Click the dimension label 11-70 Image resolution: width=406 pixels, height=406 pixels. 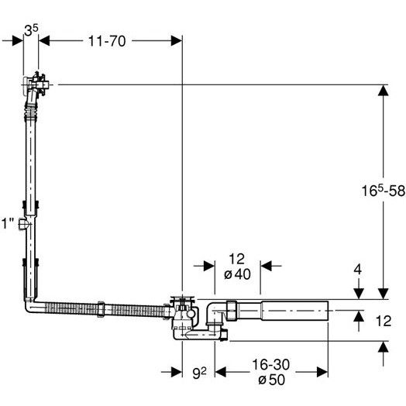[x=107, y=41]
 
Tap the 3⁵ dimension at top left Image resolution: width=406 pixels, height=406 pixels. [x=31, y=30]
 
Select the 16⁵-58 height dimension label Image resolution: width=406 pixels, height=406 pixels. [x=384, y=191]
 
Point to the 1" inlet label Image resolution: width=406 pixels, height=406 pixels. [x=8, y=223]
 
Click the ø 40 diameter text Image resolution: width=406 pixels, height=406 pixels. [x=237, y=274]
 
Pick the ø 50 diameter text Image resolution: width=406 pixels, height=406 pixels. [x=271, y=380]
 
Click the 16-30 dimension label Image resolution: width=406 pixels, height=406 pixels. [x=271, y=365]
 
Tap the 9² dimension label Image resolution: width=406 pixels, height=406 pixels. [x=199, y=373]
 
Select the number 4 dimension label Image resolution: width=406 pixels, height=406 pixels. [x=358, y=270]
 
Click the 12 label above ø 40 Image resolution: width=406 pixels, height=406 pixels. [x=236, y=259]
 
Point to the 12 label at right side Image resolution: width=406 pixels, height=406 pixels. [x=384, y=321]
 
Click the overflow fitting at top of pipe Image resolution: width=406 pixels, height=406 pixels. [x=36, y=84]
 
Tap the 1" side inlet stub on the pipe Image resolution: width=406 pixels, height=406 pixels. [x=22, y=224]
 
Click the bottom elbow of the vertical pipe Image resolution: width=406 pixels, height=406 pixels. [x=29, y=305]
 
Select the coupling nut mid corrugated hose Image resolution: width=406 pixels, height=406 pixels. [x=101, y=309]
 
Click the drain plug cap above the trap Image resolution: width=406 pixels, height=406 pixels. [x=182, y=298]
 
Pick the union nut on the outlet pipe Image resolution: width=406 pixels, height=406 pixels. [x=232, y=311]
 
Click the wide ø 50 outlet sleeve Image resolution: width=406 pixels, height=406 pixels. [x=294, y=311]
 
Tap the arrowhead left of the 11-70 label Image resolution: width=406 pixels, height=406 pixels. [x=44, y=41]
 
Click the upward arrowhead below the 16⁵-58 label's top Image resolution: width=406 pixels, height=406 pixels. [x=384, y=91]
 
